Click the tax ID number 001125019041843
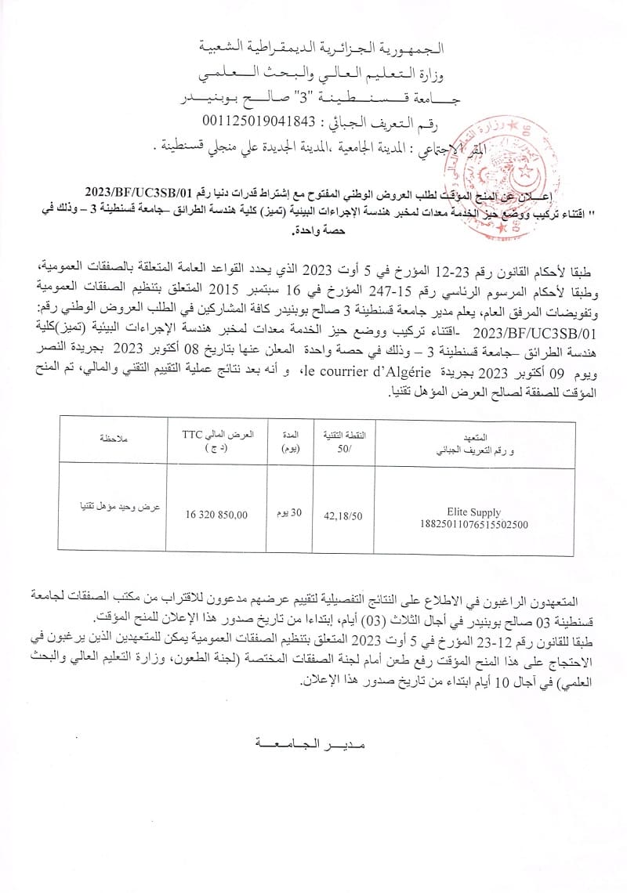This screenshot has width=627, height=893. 258,120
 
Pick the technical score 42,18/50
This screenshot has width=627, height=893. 342,515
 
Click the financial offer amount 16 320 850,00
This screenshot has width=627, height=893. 217,515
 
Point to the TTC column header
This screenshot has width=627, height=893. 193,433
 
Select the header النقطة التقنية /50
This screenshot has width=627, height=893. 342,440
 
